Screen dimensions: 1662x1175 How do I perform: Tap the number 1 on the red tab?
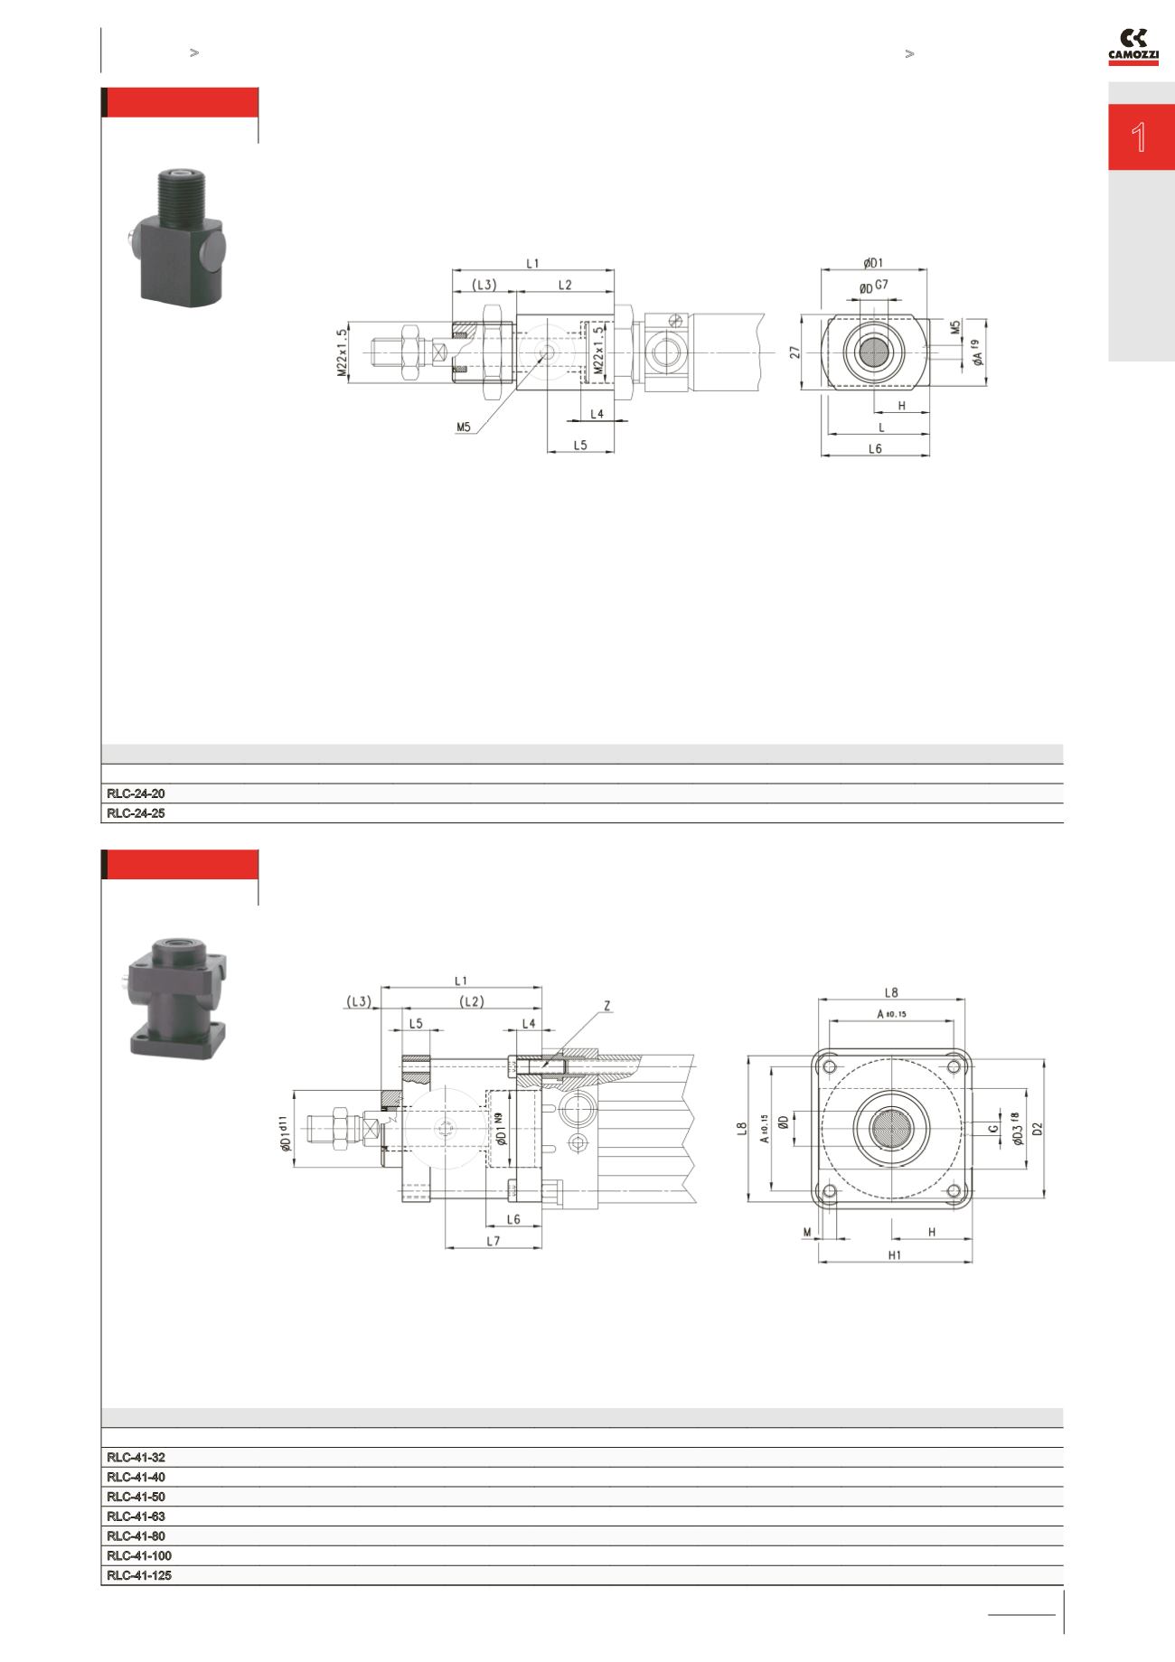pyautogui.click(x=1140, y=138)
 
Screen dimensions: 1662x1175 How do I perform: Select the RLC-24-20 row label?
pyautogui.click(x=136, y=793)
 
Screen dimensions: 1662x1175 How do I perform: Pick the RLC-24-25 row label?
pyautogui.click(x=136, y=813)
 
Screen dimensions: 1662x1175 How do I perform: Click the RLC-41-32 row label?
pyautogui.click(x=136, y=1458)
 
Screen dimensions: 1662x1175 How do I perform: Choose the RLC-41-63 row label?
pyautogui.click(x=136, y=1516)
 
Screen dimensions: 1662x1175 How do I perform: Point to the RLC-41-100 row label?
pyautogui.click(x=138, y=1556)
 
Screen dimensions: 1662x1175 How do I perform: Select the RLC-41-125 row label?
pyautogui.click(x=138, y=1575)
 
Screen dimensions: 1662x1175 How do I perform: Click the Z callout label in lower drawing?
pyautogui.click(x=606, y=1005)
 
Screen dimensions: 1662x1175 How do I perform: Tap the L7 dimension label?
pyautogui.click(x=493, y=1241)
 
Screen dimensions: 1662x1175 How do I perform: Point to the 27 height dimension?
pyautogui.click(x=795, y=352)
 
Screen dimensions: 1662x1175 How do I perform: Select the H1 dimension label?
pyautogui.click(x=894, y=1254)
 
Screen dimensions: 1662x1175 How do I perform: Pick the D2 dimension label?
pyautogui.click(x=1038, y=1128)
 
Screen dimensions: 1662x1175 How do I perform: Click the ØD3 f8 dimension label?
pyautogui.click(x=1017, y=1128)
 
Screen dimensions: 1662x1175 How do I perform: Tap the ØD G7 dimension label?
pyautogui.click(x=873, y=287)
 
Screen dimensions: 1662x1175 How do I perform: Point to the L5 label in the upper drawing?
pyautogui.click(x=580, y=445)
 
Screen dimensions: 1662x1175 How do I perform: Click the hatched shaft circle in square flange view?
pyautogui.click(x=892, y=1128)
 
